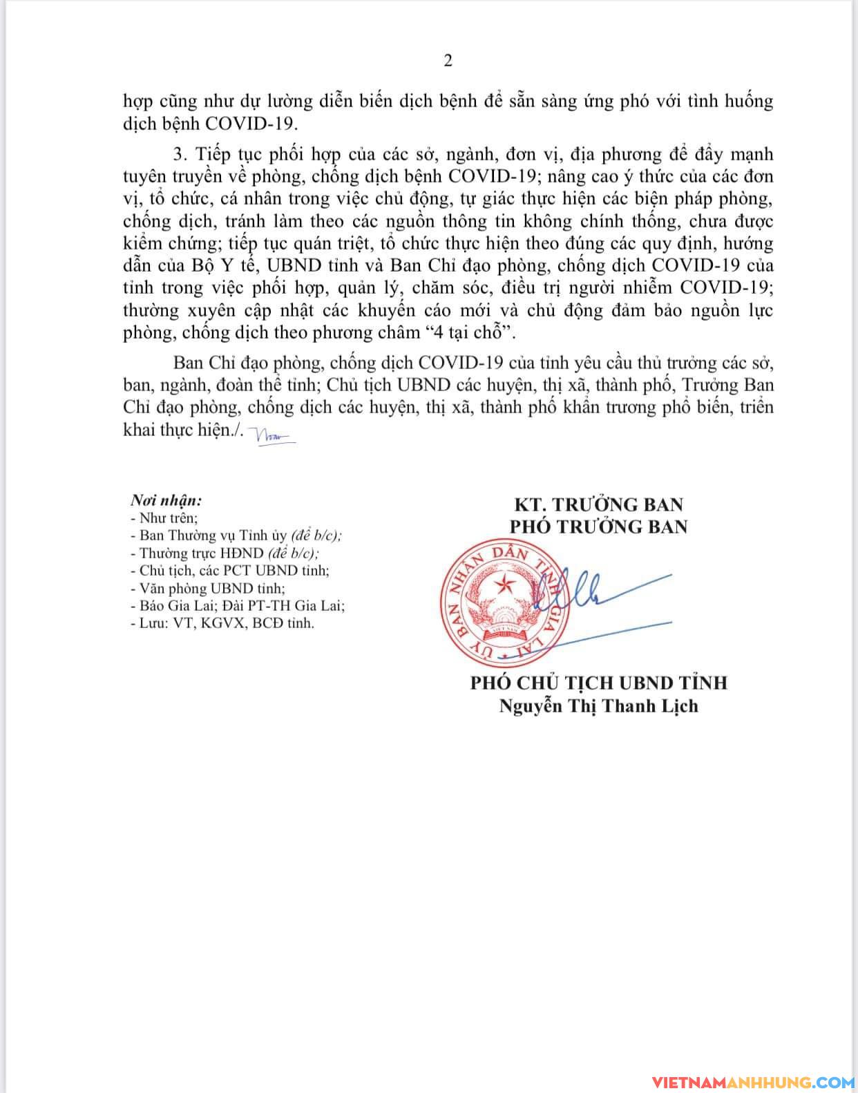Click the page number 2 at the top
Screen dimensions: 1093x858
click(448, 61)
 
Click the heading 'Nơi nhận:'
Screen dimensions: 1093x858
click(166, 500)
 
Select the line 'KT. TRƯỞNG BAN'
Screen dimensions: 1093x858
click(598, 504)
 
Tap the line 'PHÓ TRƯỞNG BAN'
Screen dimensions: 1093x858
click(598, 526)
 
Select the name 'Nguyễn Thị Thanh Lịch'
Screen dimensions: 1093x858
click(598, 706)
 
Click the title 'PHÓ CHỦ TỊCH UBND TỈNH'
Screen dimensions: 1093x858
click(598, 683)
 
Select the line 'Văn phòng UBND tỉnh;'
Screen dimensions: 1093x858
click(207, 588)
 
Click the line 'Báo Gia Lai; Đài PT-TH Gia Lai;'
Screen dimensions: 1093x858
click(237, 605)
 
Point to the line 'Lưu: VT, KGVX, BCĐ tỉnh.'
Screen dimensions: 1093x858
click(222, 623)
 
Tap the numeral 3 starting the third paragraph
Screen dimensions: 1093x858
click(178, 153)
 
